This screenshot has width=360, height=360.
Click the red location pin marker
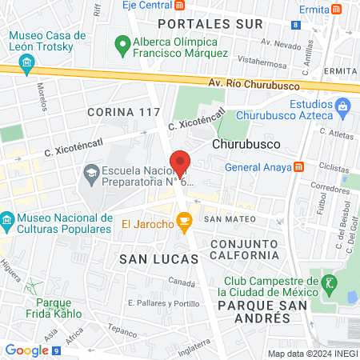(181, 164)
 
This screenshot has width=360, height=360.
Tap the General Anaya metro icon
(299, 167)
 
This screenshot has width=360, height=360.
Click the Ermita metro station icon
(338, 10)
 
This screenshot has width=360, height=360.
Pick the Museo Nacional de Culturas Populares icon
(7, 219)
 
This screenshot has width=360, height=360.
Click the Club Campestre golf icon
(326, 282)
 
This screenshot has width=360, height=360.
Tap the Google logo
(26, 350)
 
